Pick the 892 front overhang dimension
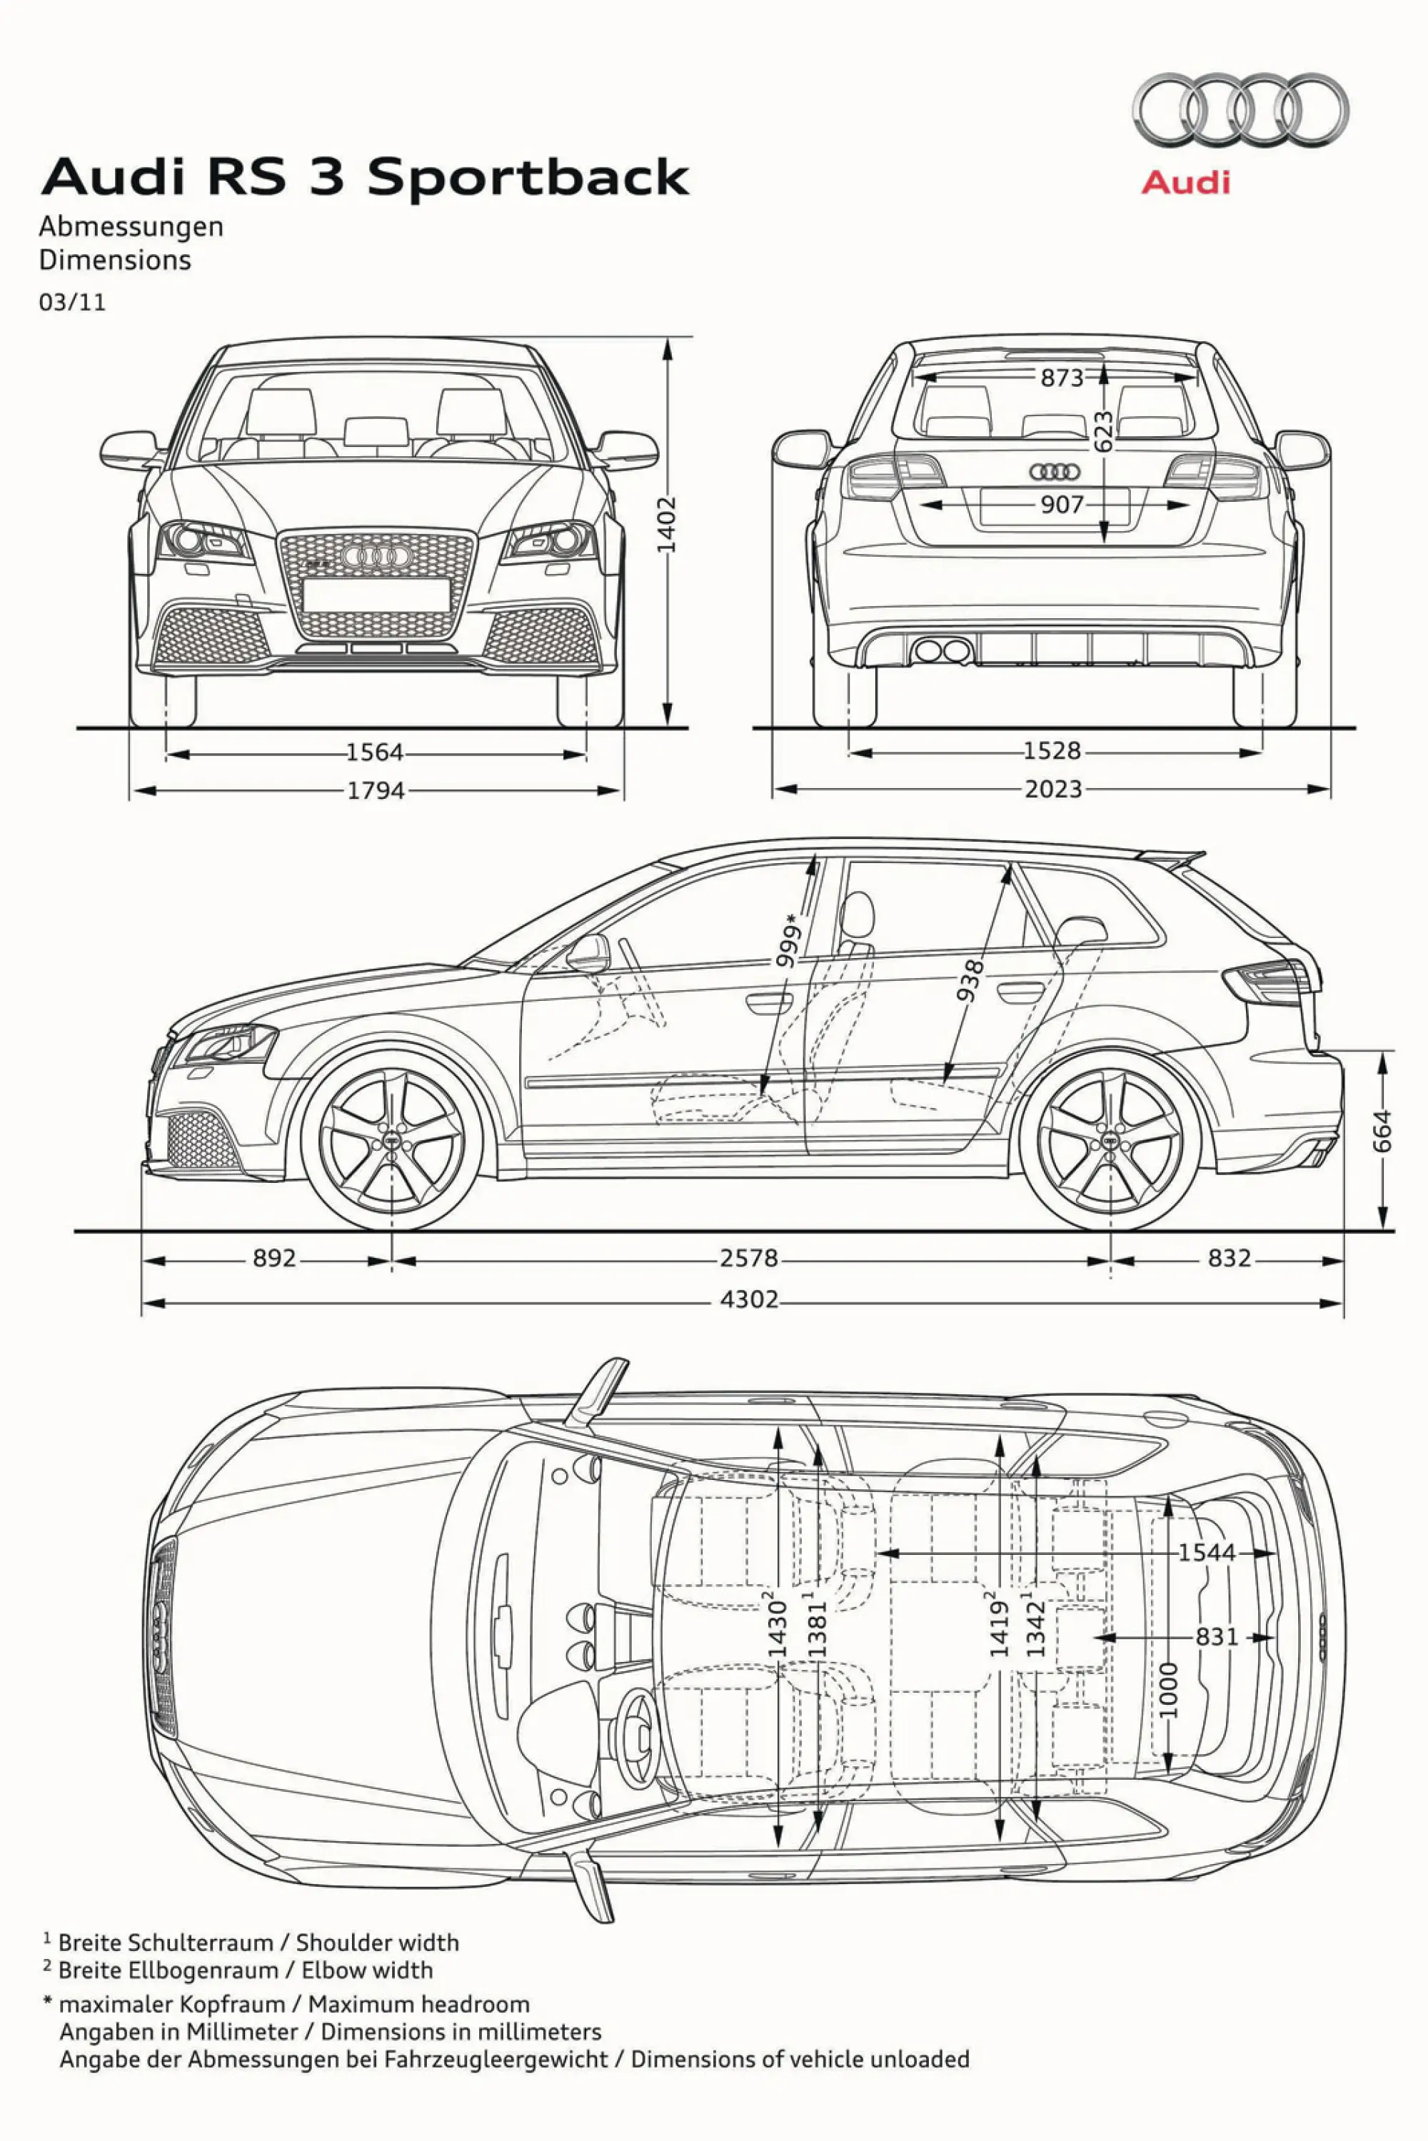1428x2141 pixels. coord(274,1259)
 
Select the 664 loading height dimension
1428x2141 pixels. coord(1382,1130)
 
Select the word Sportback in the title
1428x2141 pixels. coord(528,176)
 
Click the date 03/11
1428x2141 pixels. coord(72,303)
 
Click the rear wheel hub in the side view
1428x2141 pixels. coord(1110,1140)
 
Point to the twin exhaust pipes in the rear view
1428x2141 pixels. coord(942,651)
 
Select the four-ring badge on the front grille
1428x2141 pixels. coord(373,555)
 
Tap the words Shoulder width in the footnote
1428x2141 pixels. coord(377,1943)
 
